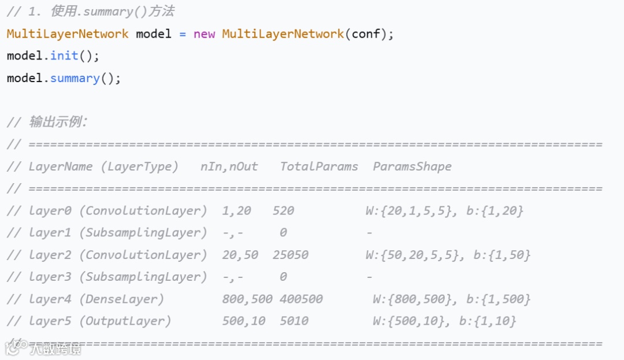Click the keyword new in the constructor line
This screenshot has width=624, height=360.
204,34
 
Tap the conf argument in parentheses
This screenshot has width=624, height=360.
366,34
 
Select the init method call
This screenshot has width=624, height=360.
64,56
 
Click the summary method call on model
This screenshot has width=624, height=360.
75,78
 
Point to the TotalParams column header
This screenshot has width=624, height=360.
319,166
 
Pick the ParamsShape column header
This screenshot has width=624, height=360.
412,166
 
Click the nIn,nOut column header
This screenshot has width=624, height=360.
229,166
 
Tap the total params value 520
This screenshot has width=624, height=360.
283,211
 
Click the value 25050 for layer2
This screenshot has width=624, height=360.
291,255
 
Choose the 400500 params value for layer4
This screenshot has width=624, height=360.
301,299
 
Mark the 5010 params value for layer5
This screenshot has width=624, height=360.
294,321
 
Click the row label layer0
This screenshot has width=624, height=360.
50,211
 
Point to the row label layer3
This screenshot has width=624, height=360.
50,277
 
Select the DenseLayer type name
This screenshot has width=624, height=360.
121,299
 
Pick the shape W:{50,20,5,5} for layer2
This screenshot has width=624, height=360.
412,255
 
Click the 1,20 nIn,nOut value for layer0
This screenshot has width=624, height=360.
236,211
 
